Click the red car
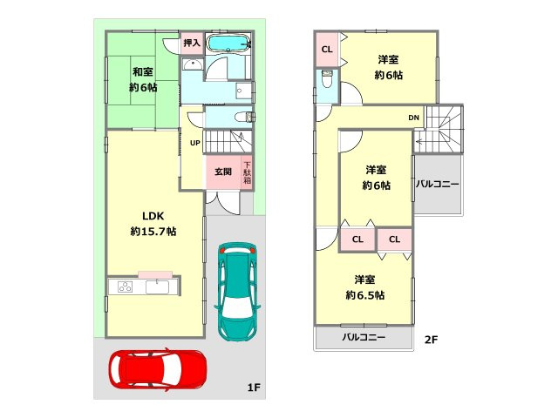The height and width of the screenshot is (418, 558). (x=158, y=368)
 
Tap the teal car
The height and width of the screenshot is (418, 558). (x=236, y=292)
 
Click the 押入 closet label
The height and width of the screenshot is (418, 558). (x=192, y=44)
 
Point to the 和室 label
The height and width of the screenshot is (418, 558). (x=143, y=71)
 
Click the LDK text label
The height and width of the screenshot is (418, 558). (x=153, y=216)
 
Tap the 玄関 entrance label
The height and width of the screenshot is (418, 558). (x=223, y=172)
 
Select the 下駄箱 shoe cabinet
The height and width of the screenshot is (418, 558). (x=247, y=172)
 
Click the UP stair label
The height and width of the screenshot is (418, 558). (x=195, y=143)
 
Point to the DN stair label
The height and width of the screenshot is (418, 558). (x=413, y=118)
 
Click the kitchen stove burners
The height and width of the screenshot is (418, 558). (x=126, y=287)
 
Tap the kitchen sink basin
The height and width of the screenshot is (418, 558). (x=157, y=287)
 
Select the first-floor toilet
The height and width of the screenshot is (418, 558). (x=245, y=117)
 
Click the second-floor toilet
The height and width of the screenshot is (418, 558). (x=327, y=79)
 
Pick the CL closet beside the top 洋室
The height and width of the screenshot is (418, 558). (x=327, y=50)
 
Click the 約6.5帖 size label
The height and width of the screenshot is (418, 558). (x=364, y=295)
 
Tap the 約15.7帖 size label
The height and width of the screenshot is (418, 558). (x=153, y=232)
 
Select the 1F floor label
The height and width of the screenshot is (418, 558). (x=254, y=387)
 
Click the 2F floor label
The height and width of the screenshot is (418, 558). (x=431, y=340)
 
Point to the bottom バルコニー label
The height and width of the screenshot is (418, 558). (x=364, y=337)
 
